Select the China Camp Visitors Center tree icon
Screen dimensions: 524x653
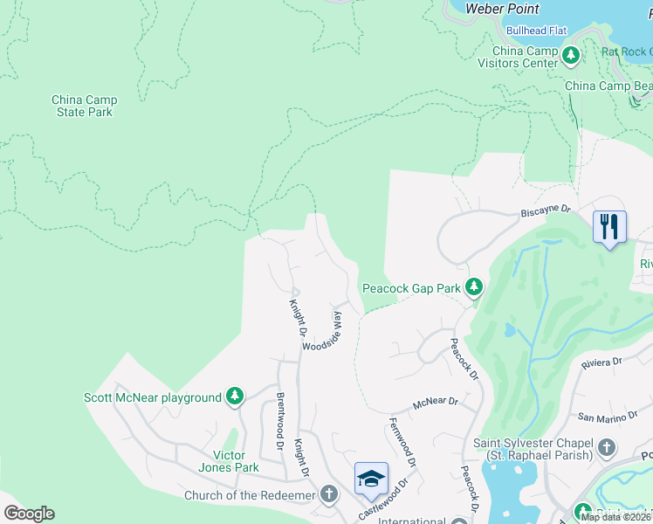click(x=571, y=57)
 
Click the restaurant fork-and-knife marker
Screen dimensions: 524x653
click(x=609, y=227)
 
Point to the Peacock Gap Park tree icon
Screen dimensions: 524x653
click(x=473, y=287)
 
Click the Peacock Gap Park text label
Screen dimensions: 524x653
click(x=411, y=288)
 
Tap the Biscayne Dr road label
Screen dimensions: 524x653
click(x=545, y=210)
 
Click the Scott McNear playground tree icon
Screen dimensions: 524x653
click(x=235, y=397)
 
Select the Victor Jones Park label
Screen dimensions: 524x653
click(x=236, y=461)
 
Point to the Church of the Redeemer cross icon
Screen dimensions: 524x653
click(x=328, y=495)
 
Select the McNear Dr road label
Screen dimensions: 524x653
click(x=436, y=403)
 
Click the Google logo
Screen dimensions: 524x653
click(x=29, y=514)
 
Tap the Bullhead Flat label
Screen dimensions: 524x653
click(x=536, y=31)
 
